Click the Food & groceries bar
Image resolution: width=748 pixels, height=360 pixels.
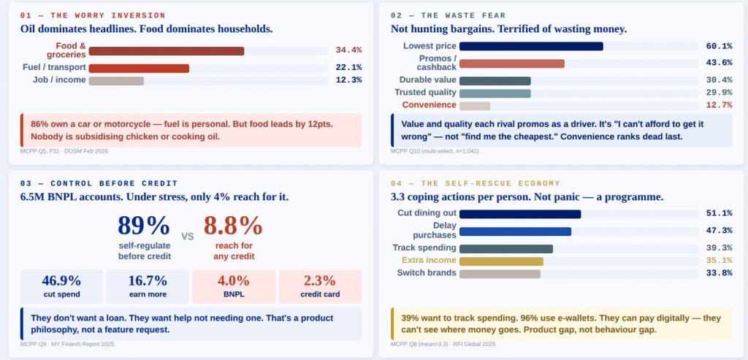tap(166, 51)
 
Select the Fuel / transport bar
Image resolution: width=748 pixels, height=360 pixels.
tap(139, 68)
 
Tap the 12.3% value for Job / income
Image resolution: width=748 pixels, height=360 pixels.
tap(348, 80)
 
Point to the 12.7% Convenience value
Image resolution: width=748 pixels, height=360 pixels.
tap(719, 105)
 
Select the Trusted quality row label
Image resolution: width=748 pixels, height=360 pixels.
tap(425, 93)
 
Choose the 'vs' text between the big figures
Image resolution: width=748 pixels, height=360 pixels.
tap(187, 236)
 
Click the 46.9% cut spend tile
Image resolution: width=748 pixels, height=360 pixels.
tap(61, 286)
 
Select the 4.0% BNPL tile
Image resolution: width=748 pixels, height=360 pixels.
tap(234, 286)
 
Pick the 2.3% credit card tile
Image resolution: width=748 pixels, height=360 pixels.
tap(320, 286)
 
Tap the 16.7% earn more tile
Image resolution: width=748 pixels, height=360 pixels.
tap(148, 286)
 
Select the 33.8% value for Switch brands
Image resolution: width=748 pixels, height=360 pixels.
tap(719, 274)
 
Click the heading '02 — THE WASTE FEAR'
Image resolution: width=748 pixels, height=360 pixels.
tap(448, 15)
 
